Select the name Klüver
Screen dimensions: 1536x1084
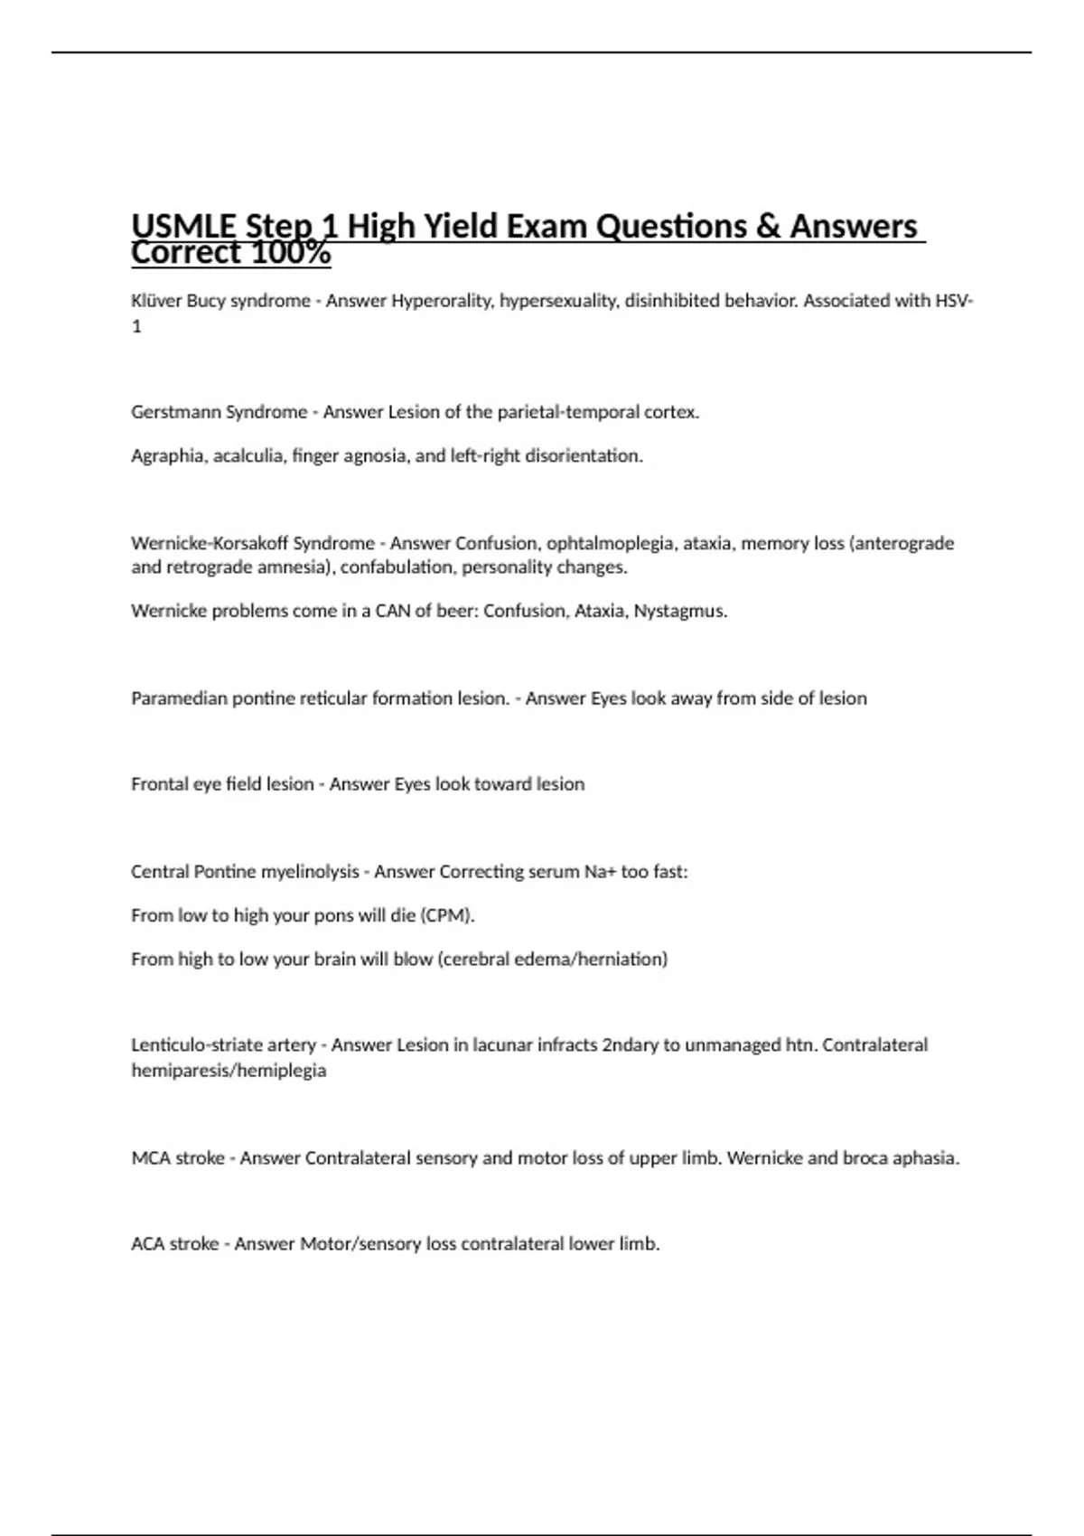[156, 301]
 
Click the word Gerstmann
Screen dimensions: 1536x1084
[174, 412]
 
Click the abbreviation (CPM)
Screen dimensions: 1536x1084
[447, 915]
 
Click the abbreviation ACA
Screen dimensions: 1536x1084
[149, 1244]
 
